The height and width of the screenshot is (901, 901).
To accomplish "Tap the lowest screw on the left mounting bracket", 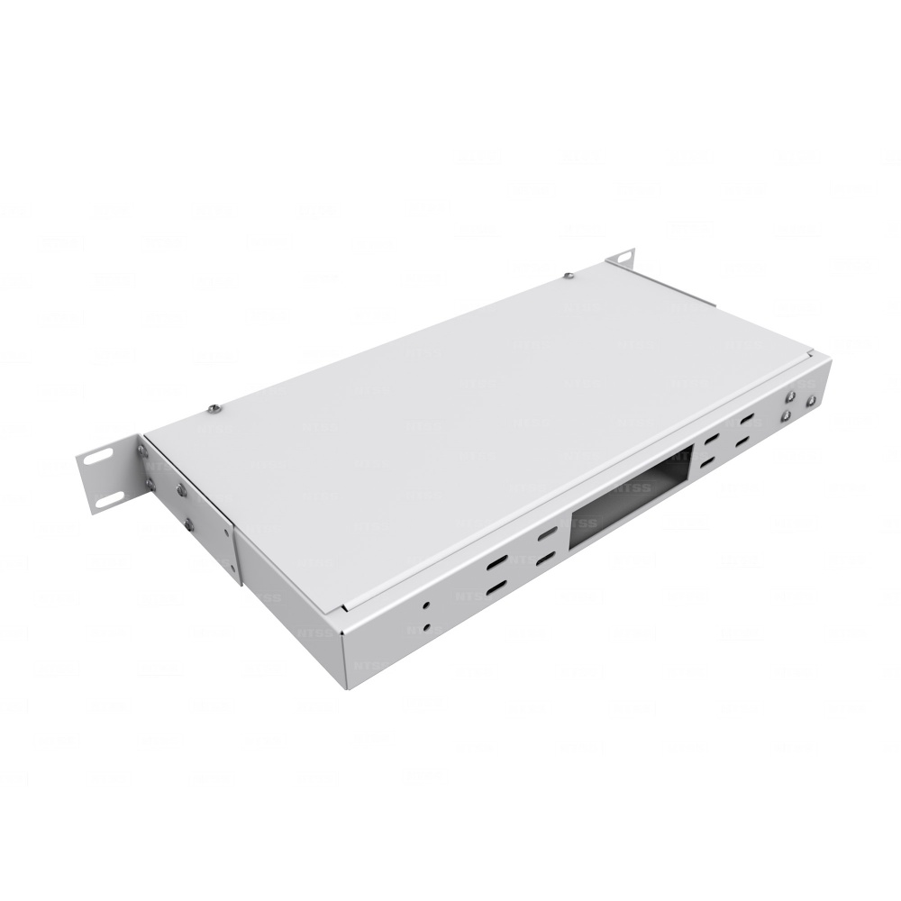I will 188,524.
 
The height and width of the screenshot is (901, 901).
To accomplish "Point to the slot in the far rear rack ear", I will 623,259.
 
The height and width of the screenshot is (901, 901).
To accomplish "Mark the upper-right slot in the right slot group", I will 747,419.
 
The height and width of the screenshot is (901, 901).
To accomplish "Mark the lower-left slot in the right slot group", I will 707,462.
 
